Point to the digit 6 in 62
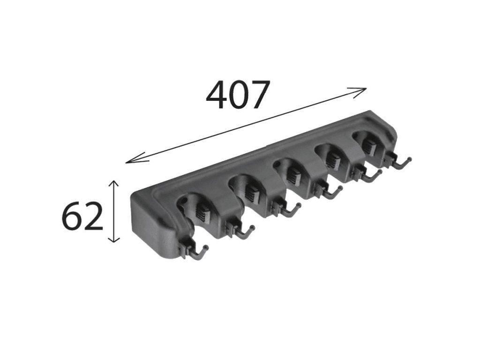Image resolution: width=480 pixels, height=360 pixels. [72, 217]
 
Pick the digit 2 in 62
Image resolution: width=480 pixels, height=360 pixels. [92, 217]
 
